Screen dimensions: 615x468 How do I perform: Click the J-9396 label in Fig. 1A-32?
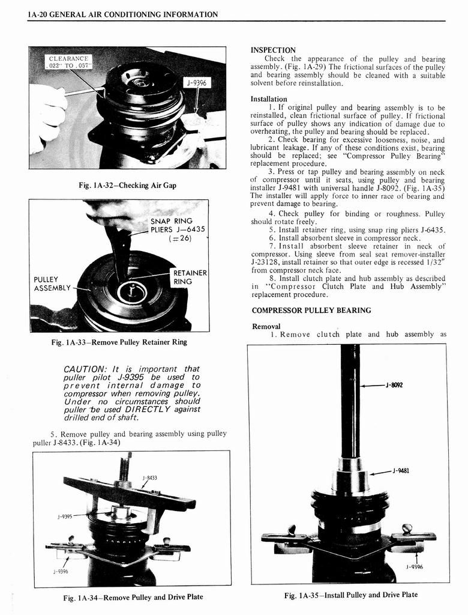pos(196,83)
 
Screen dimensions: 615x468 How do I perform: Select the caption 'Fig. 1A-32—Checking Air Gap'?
pos(127,186)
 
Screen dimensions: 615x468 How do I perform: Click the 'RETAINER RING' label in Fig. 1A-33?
pos(190,277)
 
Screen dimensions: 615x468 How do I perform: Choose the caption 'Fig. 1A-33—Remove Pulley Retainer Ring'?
pos(119,342)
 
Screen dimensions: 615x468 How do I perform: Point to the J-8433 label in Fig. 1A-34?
pos(149,477)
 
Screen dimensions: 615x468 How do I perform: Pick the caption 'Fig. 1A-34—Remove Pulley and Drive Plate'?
pos(133,597)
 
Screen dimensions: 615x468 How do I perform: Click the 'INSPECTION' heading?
pos(273,50)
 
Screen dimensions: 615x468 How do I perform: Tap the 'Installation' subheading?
pos(269,99)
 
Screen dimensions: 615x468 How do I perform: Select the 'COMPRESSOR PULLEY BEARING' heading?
pos(311,311)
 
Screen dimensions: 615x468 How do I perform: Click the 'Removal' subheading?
pos(266,326)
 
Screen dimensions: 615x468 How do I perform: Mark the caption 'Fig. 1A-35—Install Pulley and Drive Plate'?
pos(350,595)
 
